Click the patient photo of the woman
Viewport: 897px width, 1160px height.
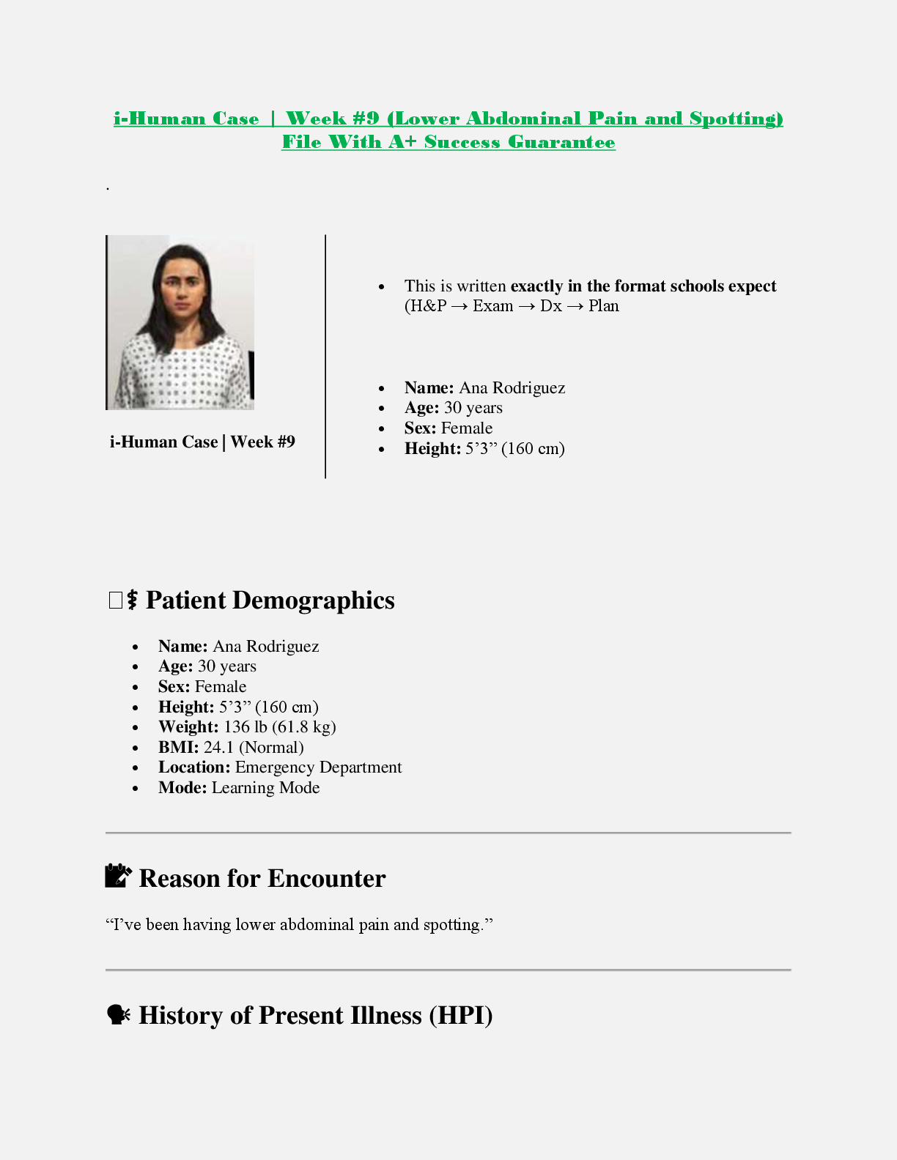[180, 322]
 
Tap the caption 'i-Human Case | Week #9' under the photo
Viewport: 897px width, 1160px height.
[202, 442]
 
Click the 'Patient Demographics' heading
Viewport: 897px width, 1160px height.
[270, 601]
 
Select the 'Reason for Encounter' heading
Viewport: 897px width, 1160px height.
[262, 878]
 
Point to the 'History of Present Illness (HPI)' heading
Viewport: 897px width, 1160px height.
[315, 1015]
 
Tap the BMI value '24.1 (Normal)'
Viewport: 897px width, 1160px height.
[254, 747]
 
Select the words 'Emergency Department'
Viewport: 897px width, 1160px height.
[318, 767]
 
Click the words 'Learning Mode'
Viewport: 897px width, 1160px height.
[265, 787]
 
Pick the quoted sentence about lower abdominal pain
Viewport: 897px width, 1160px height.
[299, 924]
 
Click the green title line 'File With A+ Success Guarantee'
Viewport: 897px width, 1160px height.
[448, 142]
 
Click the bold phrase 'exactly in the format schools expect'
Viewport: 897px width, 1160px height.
[643, 286]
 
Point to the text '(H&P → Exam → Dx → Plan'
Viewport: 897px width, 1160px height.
[512, 306]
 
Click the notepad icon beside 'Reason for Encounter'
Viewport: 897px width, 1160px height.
[118, 876]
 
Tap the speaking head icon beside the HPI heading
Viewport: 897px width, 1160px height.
[118, 1014]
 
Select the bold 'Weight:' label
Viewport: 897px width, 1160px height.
[188, 726]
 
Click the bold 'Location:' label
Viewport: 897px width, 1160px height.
[194, 767]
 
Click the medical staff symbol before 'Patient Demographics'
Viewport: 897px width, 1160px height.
[132, 601]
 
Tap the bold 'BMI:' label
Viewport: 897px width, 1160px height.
[178, 747]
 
